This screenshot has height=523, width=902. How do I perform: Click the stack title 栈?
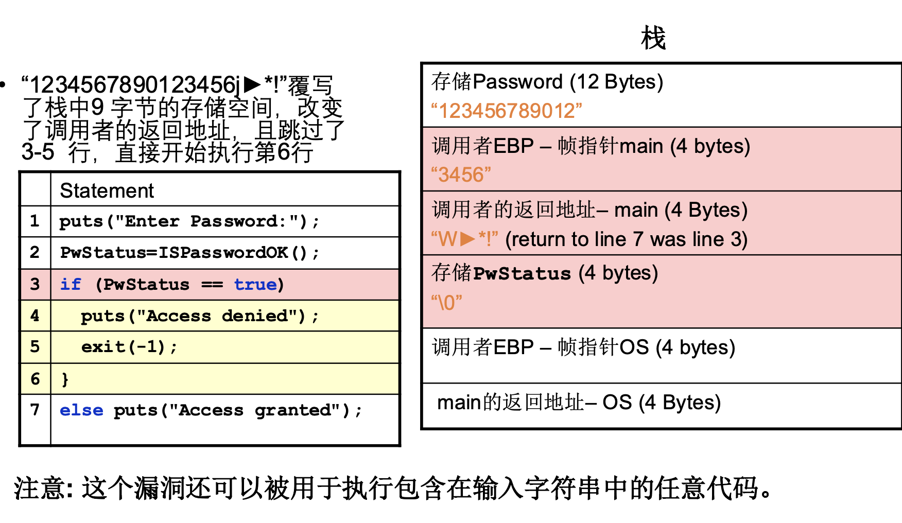click(x=653, y=39)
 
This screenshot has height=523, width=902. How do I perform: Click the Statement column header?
click(x=107, y=191)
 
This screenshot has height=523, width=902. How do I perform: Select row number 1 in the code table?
click(x=34, y=221)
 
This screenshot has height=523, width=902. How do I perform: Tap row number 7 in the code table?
click(x=34, y=410)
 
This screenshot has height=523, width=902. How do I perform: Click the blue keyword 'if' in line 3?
click(x=71, y=284)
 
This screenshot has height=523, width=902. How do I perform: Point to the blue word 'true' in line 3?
click(x=255, y=284)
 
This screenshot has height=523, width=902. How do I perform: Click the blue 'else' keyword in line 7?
click(x=81, y=410)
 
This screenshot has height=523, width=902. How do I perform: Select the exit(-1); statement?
click(x=129, y=347)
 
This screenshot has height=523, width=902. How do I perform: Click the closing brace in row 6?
click(x=65, y=379)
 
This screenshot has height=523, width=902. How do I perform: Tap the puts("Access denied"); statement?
click(x=200, y=316)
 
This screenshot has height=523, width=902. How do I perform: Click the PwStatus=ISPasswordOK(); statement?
click(x=189, y=253)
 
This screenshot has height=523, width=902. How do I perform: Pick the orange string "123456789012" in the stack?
click(x=507, y=111)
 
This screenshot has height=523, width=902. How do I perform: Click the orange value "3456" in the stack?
click(x=461, y=175)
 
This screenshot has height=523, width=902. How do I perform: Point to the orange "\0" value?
click(x=447, y=303)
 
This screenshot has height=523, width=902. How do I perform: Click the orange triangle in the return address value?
click(x=467, y=239)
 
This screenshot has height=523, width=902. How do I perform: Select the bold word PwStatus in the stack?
click(x=522, y=273)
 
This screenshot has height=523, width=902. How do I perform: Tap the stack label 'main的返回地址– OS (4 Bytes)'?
click(x=579, y=403)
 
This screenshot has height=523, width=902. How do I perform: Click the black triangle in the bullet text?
click(x=252, y=84)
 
